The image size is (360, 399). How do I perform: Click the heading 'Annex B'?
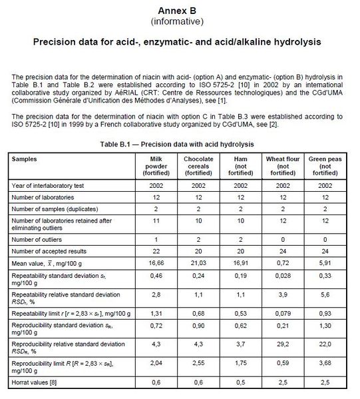180,11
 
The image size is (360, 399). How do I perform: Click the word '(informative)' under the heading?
180,21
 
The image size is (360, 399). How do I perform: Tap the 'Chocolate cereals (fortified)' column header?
198,165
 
